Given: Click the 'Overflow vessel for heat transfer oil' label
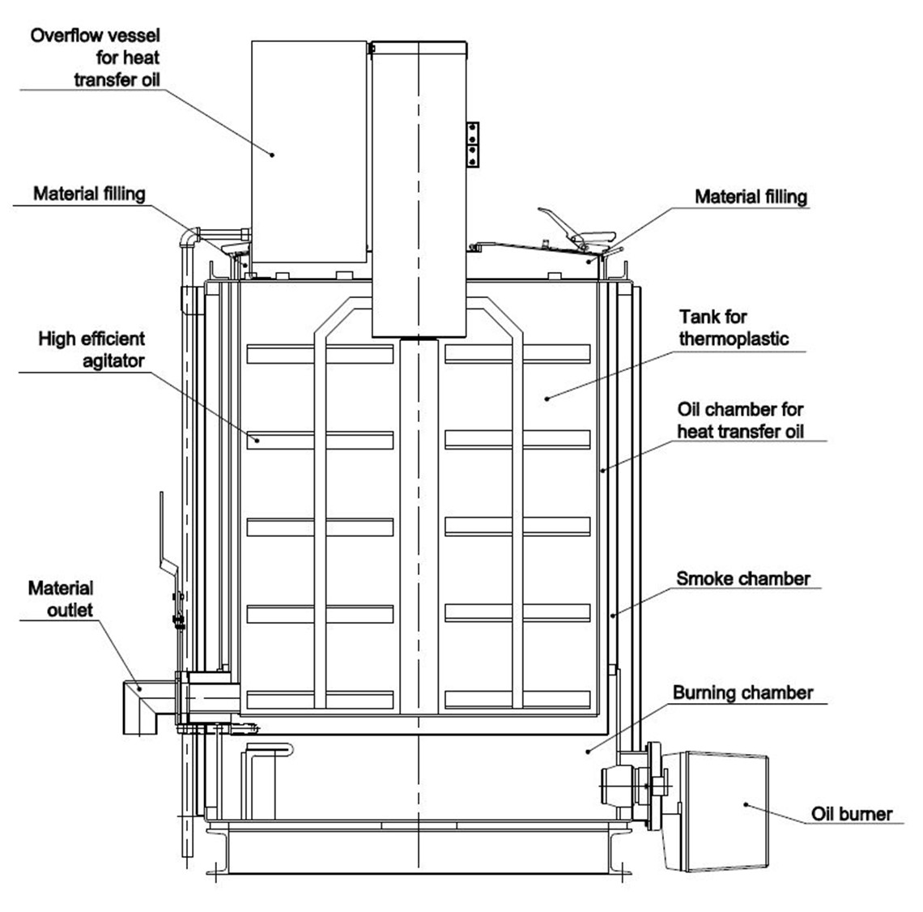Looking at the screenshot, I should [96, 58].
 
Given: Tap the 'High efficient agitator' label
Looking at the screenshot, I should [91, 348].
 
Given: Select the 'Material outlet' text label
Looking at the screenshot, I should [61, 599].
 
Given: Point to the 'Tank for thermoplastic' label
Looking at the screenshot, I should [734, 327].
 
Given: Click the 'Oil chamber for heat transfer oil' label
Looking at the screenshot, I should [740, 420].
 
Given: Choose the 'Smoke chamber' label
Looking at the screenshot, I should [742, 578].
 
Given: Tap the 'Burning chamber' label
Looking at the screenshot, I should [742, 693].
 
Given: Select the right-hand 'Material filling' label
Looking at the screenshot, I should [751, 197].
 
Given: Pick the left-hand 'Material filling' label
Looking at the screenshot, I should [89, 194].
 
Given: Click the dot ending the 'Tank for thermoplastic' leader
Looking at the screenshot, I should [546, 398].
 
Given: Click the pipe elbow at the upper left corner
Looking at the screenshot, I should [189, 236].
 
